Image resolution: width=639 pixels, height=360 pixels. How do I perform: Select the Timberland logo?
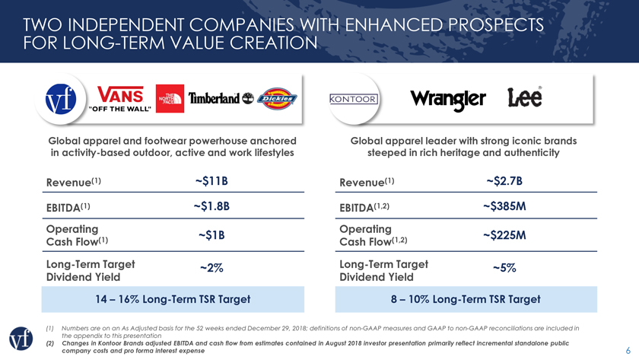point(220,98)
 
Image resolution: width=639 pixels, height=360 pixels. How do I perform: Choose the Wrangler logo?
point(449,100)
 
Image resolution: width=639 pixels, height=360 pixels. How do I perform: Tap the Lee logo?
point(524,98)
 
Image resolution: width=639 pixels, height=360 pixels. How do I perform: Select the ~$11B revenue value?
point(211,181)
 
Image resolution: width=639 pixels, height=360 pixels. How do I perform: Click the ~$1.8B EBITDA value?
point(211,205)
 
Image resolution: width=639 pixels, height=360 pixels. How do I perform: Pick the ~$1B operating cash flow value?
point(211,235)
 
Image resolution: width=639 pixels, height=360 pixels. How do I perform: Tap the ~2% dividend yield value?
point(211,268)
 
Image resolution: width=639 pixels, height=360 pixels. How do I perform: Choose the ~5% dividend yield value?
point(504,268)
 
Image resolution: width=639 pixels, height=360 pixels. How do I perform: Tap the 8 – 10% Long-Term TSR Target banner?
point(465,299)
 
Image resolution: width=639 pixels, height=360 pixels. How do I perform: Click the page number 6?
point(626,343)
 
